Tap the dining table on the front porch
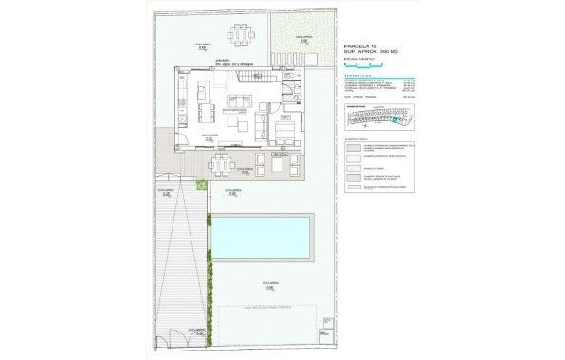coord(220,167)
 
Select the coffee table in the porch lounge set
coord(278,165)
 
